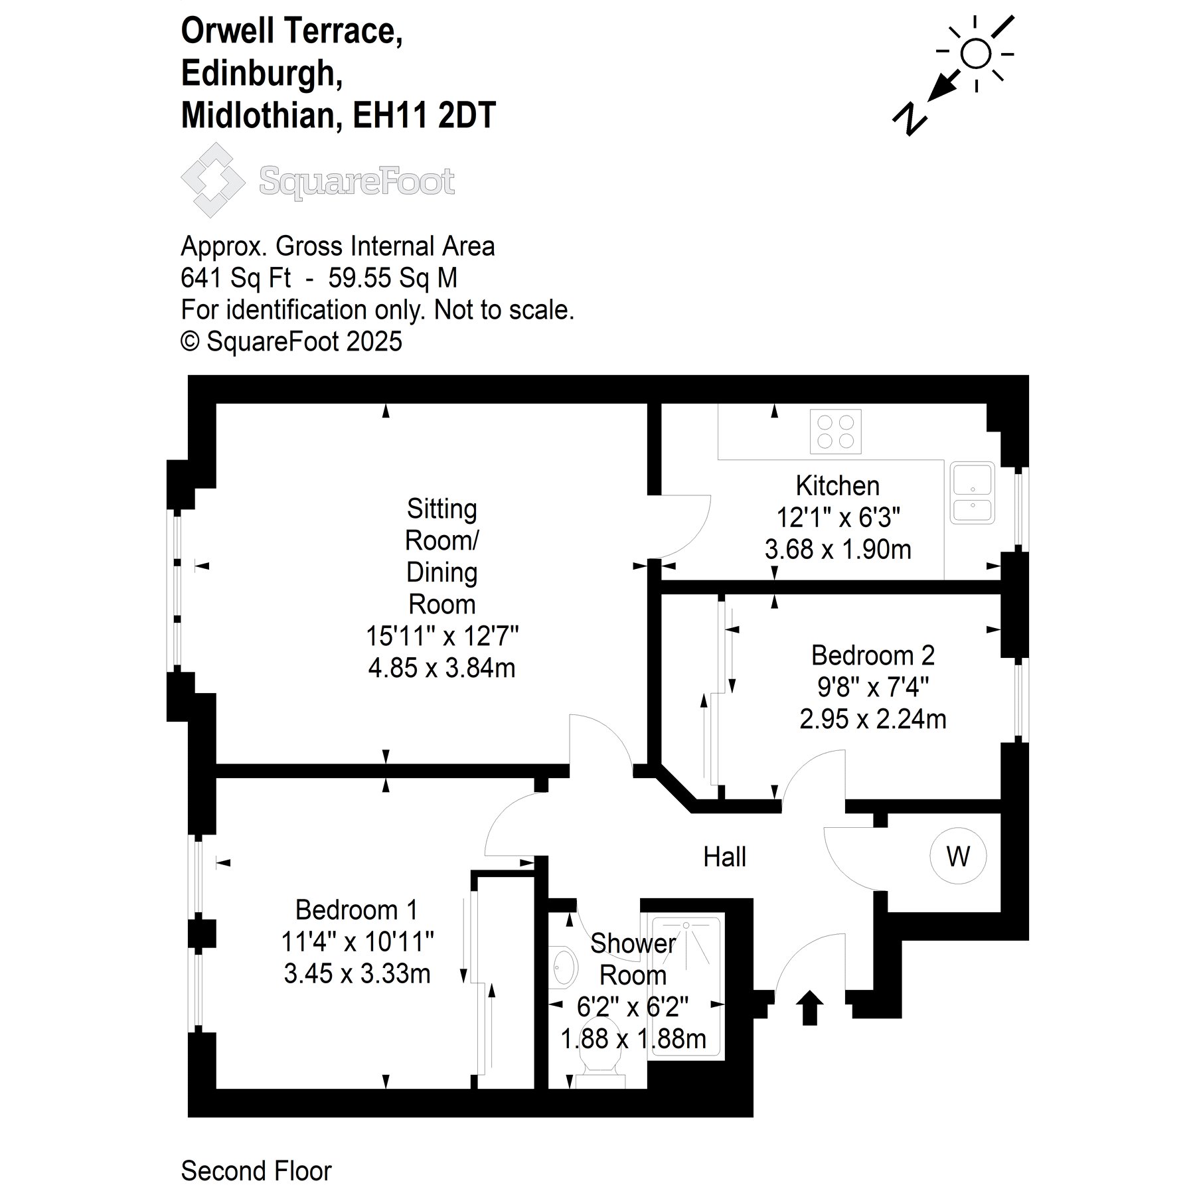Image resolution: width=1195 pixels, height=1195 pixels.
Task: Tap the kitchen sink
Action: click(972, 493)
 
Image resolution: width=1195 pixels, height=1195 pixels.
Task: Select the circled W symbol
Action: click(958, 856)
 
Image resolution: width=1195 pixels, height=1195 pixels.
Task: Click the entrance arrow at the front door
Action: click(809, 1007)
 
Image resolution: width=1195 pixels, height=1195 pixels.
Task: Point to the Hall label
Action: click(724, 857)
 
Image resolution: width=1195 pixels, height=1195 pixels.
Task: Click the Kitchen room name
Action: click(838, 486)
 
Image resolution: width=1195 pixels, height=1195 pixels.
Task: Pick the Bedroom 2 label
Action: click(873, 655)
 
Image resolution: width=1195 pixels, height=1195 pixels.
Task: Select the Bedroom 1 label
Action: click(357, 910)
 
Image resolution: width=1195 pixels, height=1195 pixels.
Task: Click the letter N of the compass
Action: click(909, 119)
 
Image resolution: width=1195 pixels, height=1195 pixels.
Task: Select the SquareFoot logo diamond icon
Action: click(213, 180)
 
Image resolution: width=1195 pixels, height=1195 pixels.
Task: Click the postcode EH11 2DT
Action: click(424, 115)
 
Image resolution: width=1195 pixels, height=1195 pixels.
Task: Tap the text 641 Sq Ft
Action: click(236, 278)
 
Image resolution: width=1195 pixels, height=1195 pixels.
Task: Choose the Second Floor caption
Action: click(256, 1171)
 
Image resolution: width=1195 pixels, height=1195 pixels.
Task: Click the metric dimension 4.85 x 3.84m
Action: click(441, 668)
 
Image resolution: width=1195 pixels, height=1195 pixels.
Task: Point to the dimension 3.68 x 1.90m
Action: click(838, 550)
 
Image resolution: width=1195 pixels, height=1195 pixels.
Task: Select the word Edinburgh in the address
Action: click(262, 73)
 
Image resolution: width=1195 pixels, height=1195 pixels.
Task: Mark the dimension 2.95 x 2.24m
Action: click(873, 719)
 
